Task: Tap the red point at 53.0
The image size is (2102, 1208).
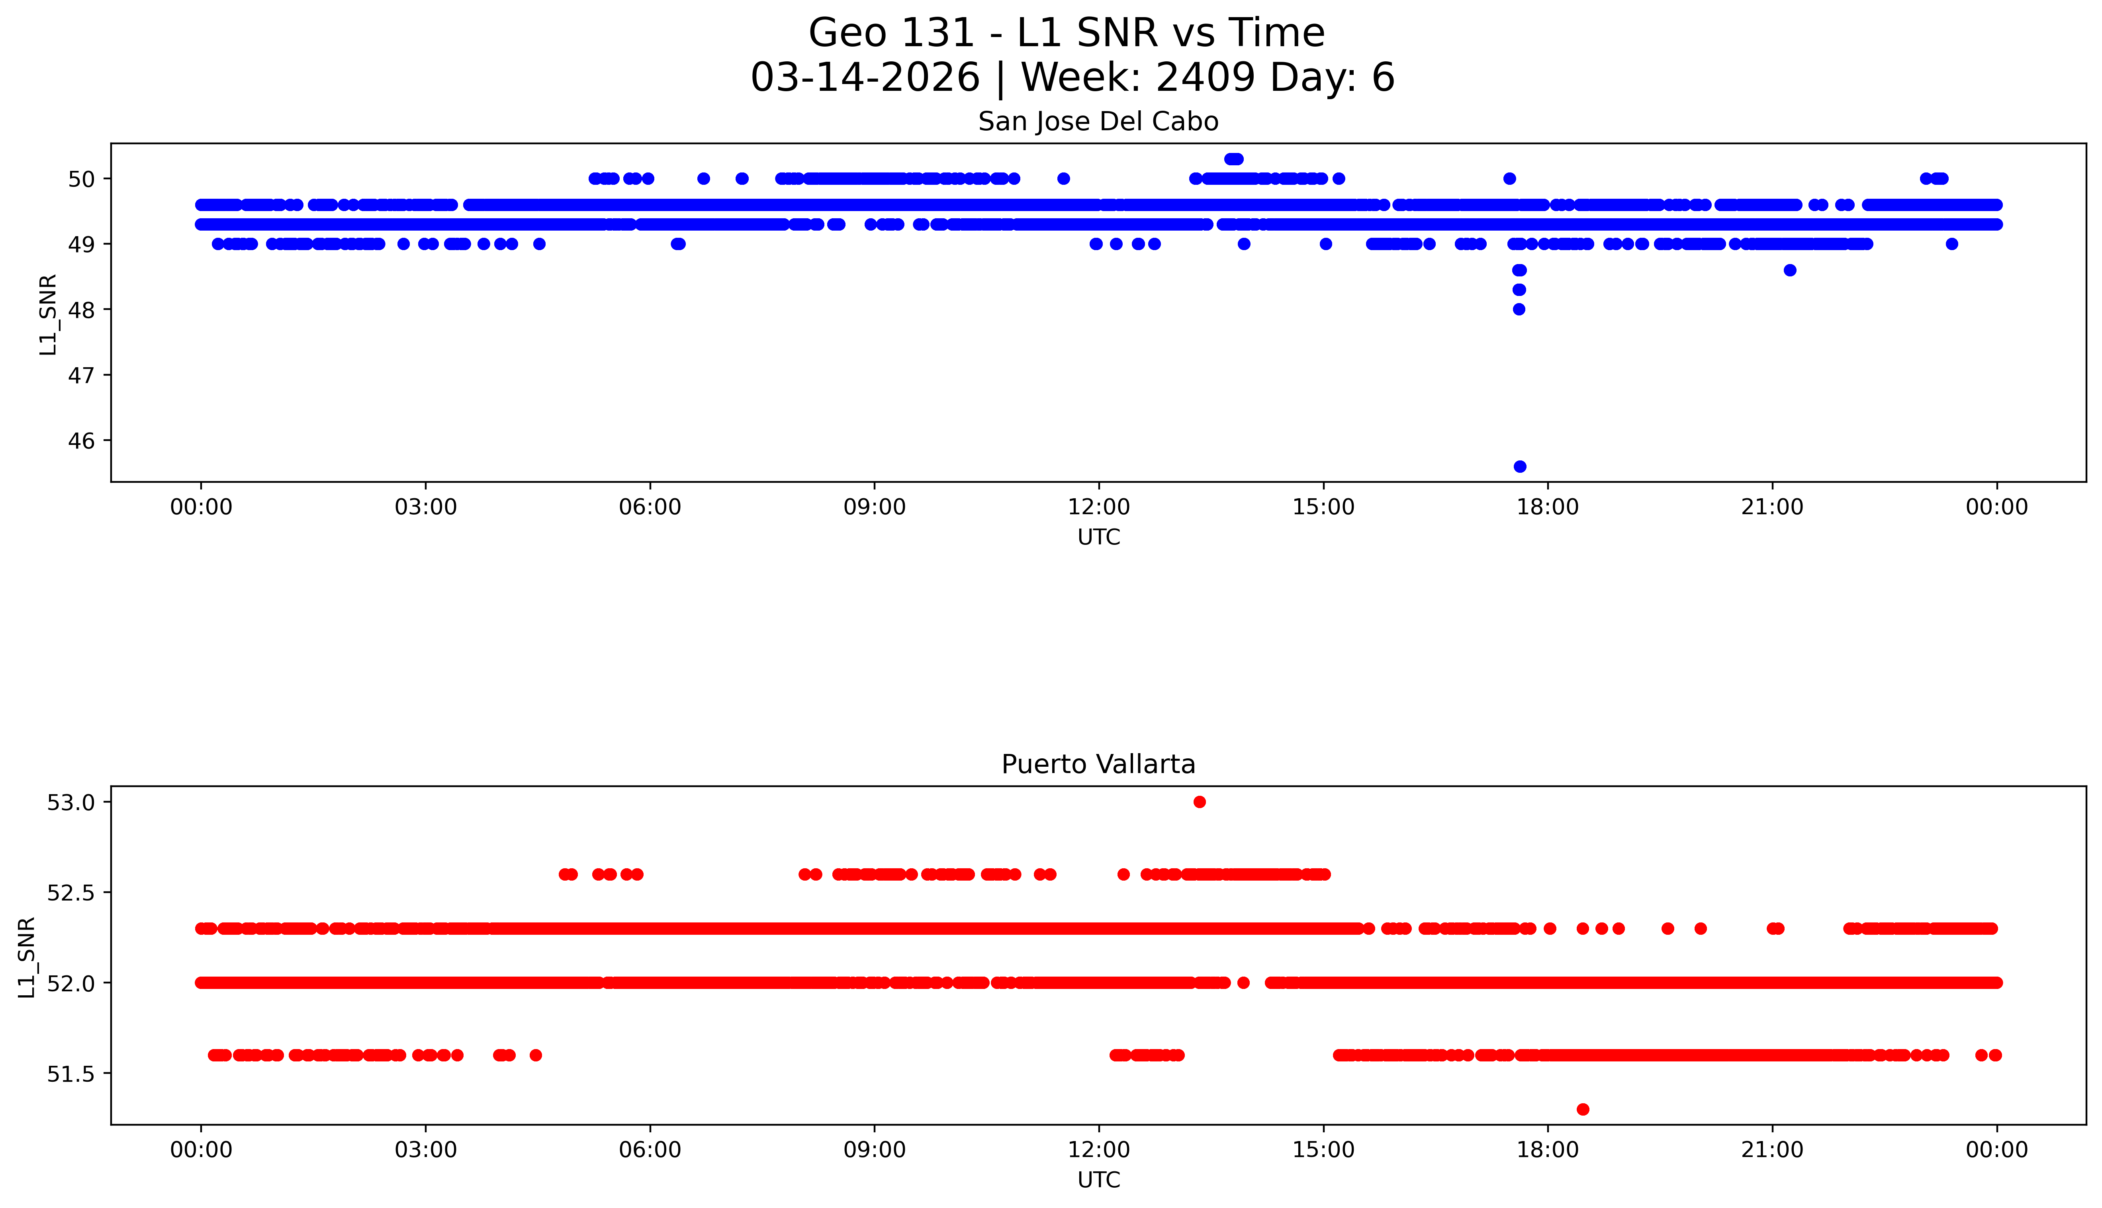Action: pos(1200,801)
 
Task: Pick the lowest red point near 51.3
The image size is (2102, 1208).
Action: pos(1583,1109)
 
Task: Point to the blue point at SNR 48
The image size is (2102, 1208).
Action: pos(1519,309)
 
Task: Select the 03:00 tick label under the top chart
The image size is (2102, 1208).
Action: pos(426,507)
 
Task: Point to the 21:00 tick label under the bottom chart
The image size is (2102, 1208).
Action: pos(1772,1150)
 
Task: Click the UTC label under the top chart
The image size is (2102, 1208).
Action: pos(1098,538)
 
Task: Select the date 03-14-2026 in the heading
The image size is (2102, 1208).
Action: pos(865,78)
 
